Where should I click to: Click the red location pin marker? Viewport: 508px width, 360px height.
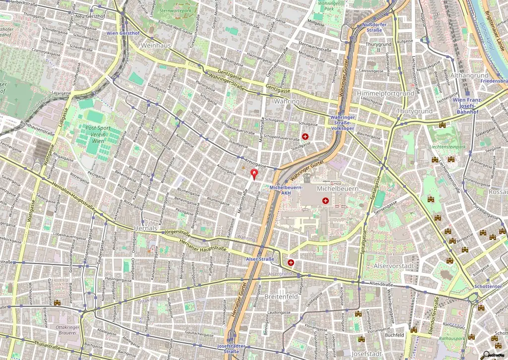coord(255,174)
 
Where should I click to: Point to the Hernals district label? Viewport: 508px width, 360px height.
coord(145,228)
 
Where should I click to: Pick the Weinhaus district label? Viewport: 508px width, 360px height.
coord(156,45)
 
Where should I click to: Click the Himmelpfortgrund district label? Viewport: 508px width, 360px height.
coord(379,93)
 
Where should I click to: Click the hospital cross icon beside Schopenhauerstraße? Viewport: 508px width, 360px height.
coord(305,136)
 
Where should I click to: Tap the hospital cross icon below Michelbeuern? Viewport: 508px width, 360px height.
coord(325,200)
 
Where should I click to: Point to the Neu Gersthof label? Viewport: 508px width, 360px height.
coord(90,16)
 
